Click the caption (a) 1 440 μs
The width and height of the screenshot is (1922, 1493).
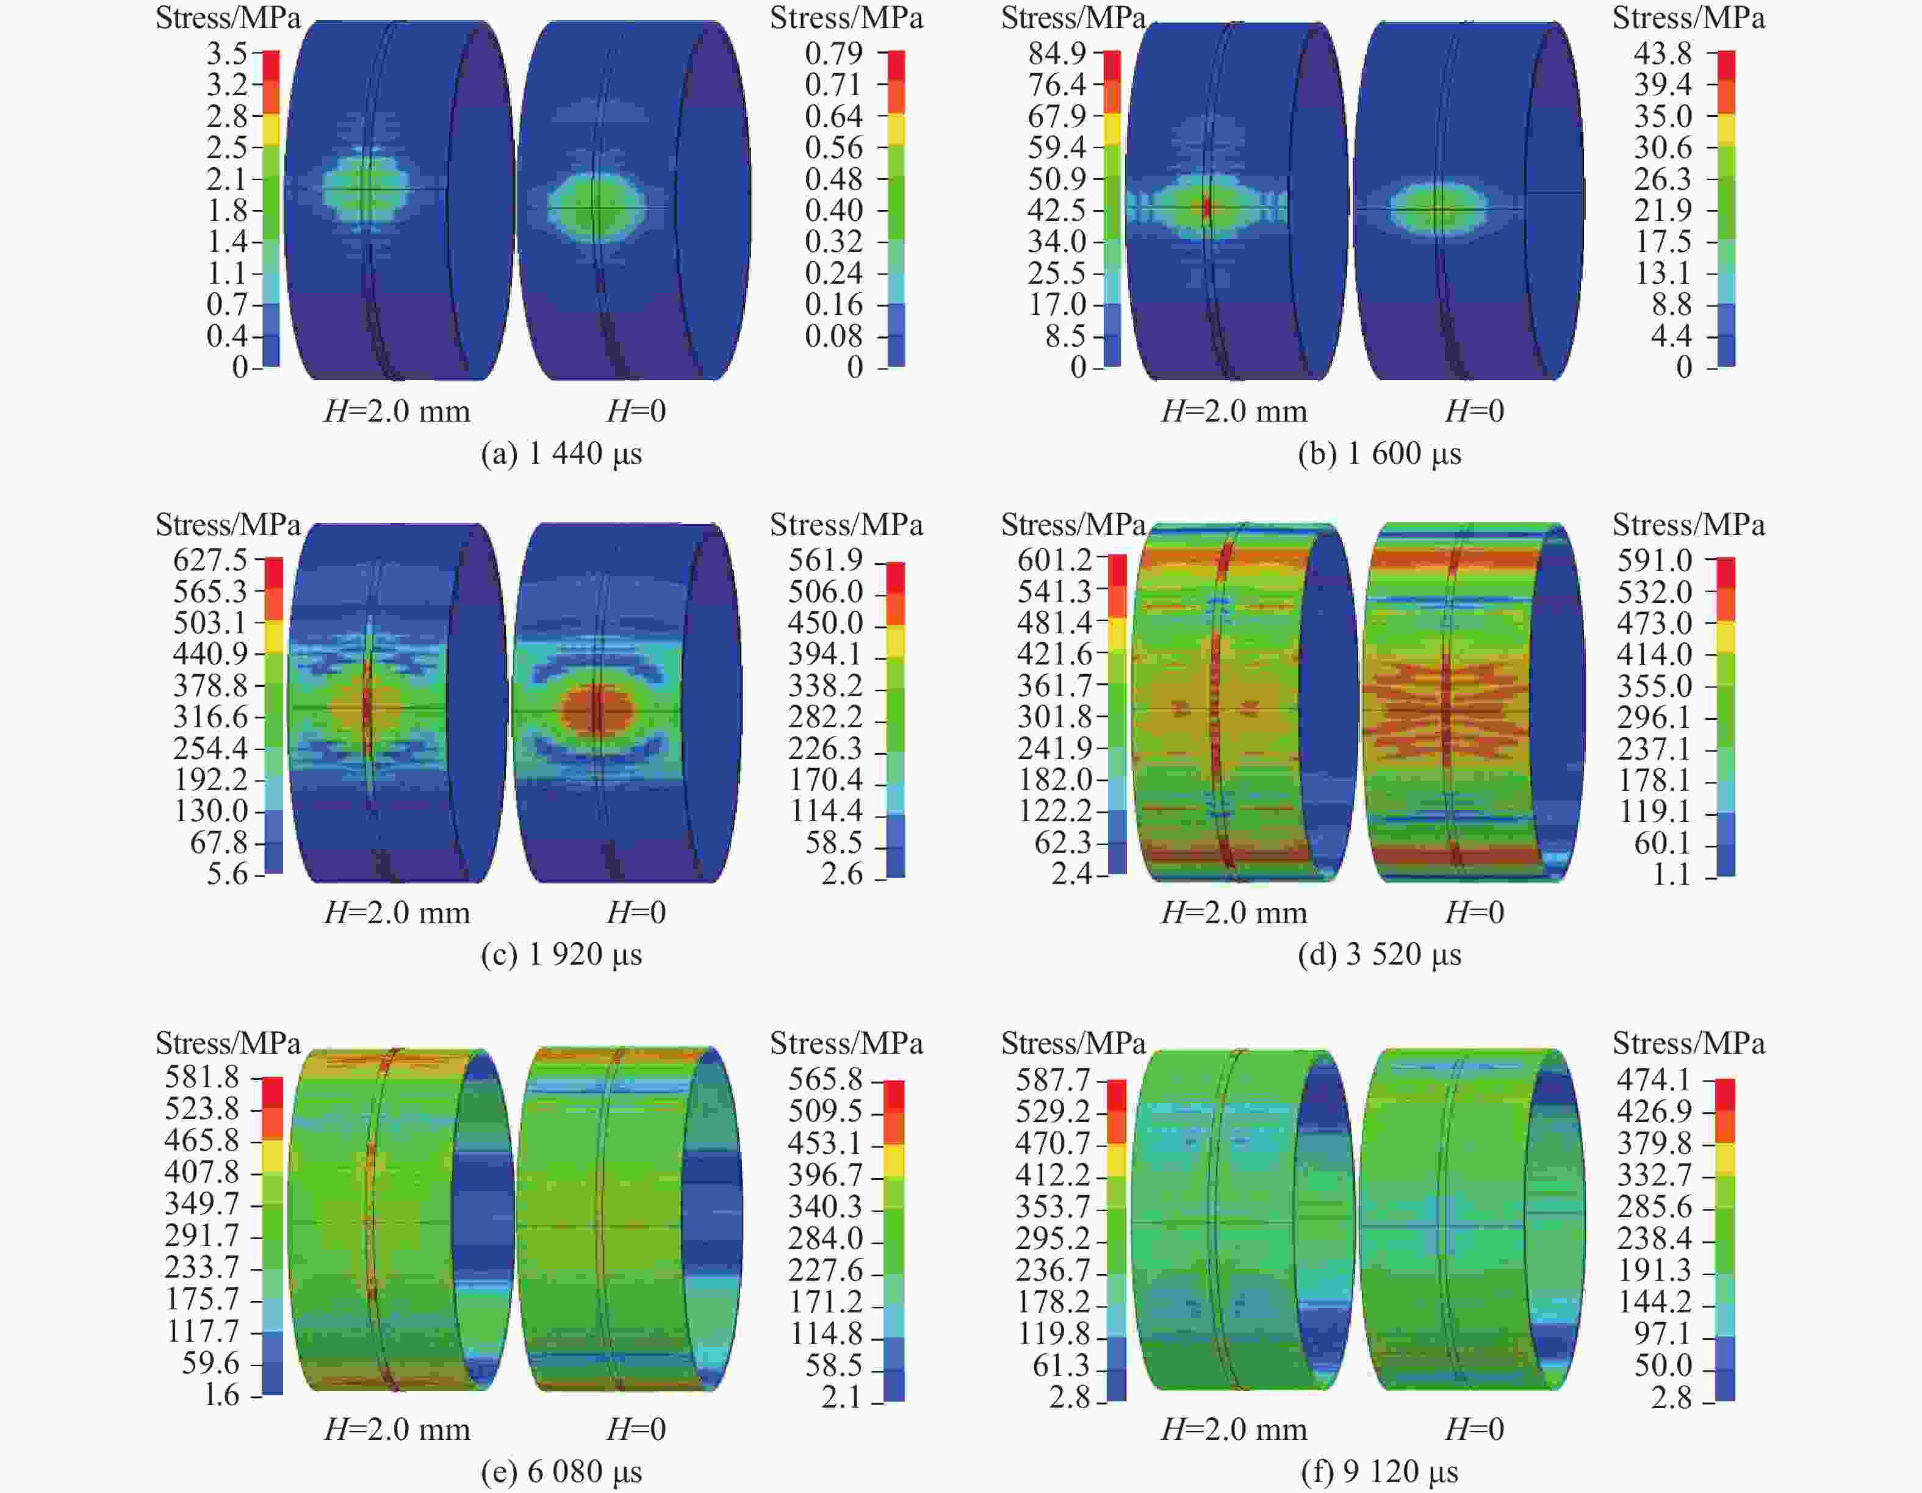click(x=561, y=454)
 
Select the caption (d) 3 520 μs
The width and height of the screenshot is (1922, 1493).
click(x=1379, y=955)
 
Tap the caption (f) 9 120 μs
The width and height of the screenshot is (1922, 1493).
click(x=1379, y=1471)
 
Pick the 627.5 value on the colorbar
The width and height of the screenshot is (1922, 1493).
click(x=211, y=559)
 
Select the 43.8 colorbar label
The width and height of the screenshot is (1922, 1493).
click(x=1663, y=54)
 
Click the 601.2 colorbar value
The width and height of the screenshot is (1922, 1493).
click(x=1054, y=559)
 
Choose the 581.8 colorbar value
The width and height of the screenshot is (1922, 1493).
click(x=201, y=1077)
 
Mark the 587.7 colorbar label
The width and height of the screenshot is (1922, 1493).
click(x=1053, y=1079)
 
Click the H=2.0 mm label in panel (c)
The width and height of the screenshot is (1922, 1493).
click(x=397, y=913)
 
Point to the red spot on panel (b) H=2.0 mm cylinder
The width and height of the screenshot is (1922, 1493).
click(x=1206, y=207)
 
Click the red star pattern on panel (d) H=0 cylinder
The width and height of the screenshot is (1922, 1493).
click(x=1447, y=709)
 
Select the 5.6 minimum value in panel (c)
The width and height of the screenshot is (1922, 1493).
click(x=227, y=874)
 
